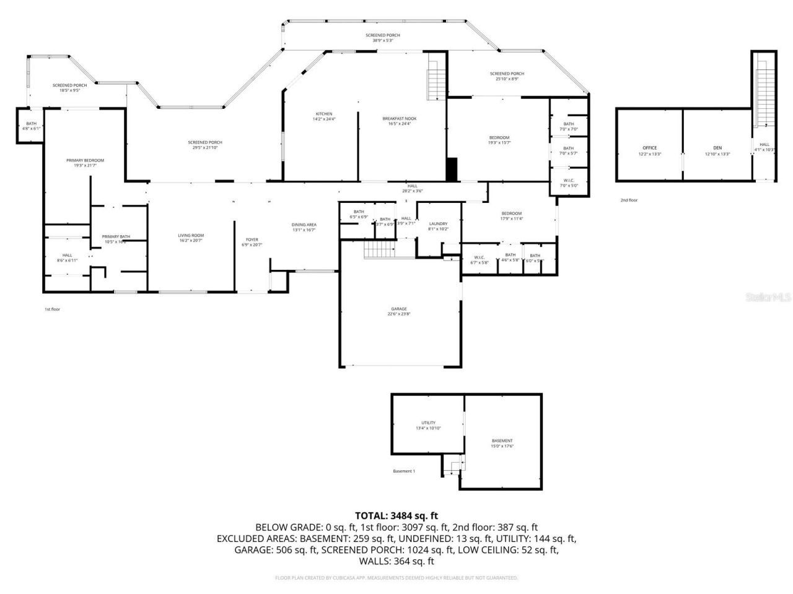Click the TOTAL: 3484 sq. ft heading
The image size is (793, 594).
coord(396,515)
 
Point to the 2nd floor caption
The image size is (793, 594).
coord(629,200)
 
